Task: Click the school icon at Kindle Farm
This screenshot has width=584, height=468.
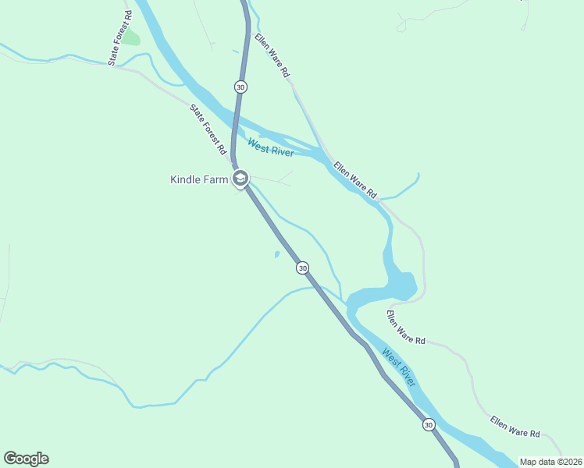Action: [240, 179]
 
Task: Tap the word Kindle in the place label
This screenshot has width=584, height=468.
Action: [188, 179]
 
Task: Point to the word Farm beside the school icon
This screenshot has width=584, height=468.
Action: [219, 179]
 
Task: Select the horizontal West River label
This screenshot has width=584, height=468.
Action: [270, 147]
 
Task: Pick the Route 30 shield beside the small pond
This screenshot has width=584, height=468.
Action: [302, 268]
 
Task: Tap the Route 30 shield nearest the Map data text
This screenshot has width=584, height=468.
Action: [428, 424]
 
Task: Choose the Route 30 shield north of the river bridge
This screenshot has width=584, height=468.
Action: [240, 87]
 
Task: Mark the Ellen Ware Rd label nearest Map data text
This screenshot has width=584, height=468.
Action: [515, 427]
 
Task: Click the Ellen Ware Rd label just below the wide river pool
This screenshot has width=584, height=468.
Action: [406, 328]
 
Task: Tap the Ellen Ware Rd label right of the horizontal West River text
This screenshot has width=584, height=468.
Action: [355, 179]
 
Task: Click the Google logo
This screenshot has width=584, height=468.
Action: [26, 459]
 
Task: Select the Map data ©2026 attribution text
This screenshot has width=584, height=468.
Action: [550, 462]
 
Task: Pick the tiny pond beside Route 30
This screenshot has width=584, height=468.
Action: [276, 254]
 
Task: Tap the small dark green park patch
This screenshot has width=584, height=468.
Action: [130, 37]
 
